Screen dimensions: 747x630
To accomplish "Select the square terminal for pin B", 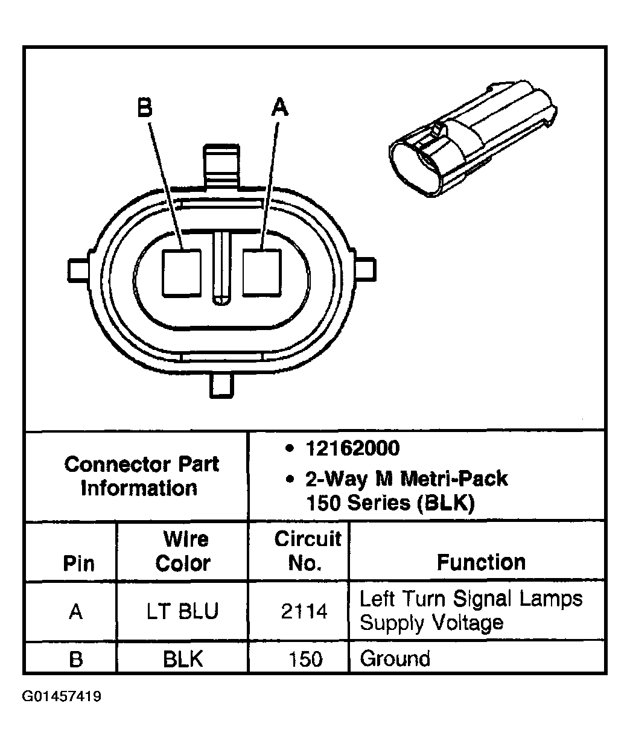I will [x=181, y=272].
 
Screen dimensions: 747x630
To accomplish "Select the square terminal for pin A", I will [x=262, y=272].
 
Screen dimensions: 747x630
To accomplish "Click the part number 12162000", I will [x=352, y=448].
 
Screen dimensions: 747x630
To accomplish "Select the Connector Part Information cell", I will [x=141, y=475].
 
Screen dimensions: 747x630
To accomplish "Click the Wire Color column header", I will [x=183, y=551].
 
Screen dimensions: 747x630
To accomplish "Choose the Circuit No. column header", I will [x=307, y=551].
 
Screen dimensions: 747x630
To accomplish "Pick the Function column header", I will [x=481, y=562].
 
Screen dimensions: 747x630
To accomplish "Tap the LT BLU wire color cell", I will [x=182, y=612].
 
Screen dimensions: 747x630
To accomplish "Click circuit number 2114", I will [x=304, y=612].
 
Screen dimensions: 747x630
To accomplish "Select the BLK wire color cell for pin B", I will [x=183, y=658].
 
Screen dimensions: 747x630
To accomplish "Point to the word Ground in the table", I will [x=395, y=658].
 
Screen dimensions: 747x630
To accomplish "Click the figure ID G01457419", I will [x=62, y=697].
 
